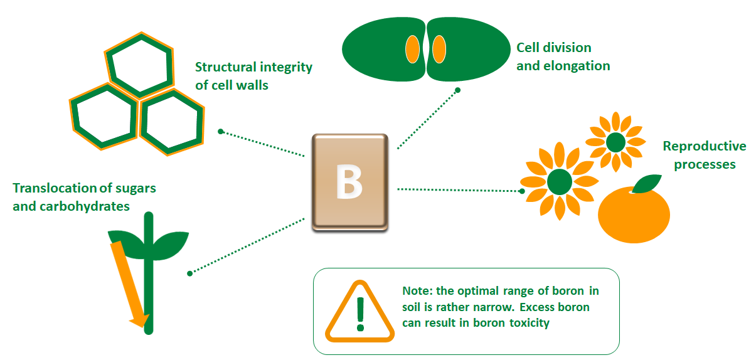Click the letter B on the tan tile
click(349, 181)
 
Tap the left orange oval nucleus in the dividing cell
click(412, 50)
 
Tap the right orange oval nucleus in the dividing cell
click(439, 50)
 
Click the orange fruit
click(634, 216)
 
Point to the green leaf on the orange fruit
click(647, 184)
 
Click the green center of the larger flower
click(560, 182)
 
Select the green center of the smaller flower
click(615, 142)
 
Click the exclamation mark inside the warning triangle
click(361, 314)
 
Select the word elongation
click(577, 66)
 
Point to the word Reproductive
click(705, 146)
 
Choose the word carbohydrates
click(84, 206)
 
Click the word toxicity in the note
click(530, 323)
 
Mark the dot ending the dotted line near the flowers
click(522, 191)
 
